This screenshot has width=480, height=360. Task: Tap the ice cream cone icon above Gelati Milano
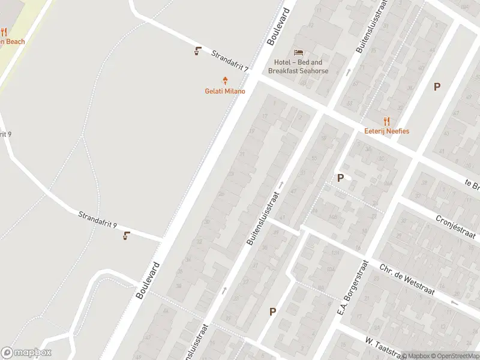point(226,80)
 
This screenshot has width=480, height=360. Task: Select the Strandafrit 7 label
point(230,62)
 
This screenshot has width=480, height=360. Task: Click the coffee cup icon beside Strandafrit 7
point(198,51)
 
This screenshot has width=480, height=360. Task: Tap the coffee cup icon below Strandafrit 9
point(127,235)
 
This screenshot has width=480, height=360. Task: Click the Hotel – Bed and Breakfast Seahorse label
point(298,67)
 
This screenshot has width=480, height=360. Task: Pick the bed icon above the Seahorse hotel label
point(298,52)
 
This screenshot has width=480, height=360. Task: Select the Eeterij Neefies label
point(386,131)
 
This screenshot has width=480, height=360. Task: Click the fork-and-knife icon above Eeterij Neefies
point(386,120)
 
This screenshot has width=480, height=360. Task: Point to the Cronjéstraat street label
point(457,227)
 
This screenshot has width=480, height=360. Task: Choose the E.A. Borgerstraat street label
point(352,288)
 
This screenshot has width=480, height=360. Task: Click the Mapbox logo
point(26,353)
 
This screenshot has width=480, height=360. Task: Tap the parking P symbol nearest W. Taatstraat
point(272,311)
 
